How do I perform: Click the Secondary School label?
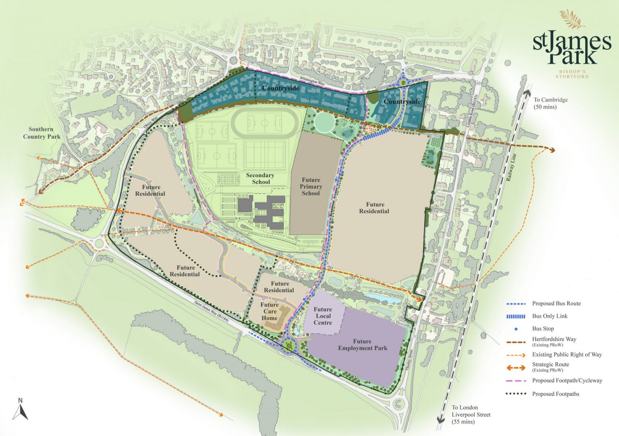click(260, 178)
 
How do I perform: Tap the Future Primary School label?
click(311, 186)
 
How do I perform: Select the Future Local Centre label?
click(323, 316)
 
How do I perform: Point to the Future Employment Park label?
click(362, 345)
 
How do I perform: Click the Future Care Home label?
click(270, 311)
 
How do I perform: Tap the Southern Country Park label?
click(41, 133)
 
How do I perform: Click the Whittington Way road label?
click(312, 81)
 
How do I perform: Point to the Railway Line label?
click(511, 167)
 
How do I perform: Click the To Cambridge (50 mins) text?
click(550, 103)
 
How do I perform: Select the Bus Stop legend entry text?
click(543, 329)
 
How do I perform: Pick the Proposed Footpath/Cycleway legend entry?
click(567, 380)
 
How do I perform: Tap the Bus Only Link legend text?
click(549, 316)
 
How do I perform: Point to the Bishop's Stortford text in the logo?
click(572, 74)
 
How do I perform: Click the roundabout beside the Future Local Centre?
click(289, 345)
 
